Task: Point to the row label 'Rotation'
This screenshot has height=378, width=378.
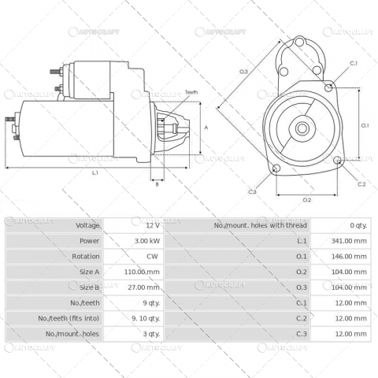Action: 87,256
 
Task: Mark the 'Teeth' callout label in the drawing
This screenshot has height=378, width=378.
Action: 191,93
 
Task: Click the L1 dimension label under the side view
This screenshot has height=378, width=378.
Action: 95,172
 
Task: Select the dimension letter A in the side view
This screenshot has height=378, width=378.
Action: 206,127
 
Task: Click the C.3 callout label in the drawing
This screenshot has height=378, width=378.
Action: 252,191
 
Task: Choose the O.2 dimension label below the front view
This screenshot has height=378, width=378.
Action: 306,200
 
